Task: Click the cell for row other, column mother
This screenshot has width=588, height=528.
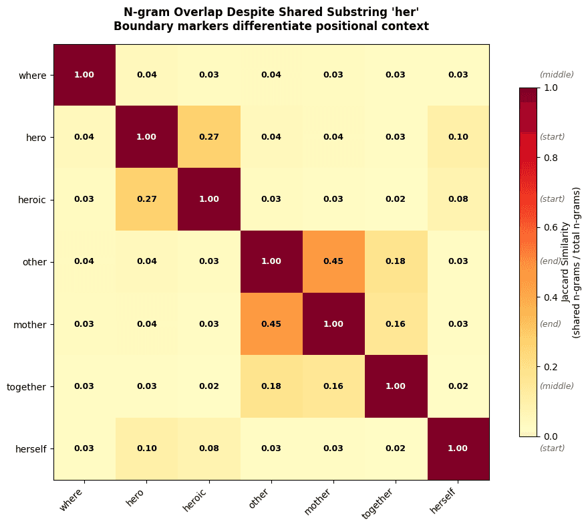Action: click(x=333, y=261)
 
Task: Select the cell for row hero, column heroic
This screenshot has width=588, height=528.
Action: click(x=208, y=137)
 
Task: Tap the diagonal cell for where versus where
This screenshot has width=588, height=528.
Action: click(x=84, y=75)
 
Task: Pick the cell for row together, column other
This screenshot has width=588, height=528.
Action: click(x=271, y=386)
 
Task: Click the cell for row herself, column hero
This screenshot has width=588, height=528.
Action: click(x=146, y=448)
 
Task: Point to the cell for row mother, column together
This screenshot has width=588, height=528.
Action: click(x=395, y=324)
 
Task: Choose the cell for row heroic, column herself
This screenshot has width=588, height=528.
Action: click(x=458, y=199)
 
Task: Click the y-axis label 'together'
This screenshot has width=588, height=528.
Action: click(x=26, y=386)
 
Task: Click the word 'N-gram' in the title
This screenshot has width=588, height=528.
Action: click(x=143, y=12)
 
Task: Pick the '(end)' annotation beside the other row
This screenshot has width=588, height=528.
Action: click(x=551, y=261)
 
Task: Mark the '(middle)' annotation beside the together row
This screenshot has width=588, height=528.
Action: click(x=557, y=386)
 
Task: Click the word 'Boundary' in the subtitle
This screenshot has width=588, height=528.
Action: click(x=138, y=27)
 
